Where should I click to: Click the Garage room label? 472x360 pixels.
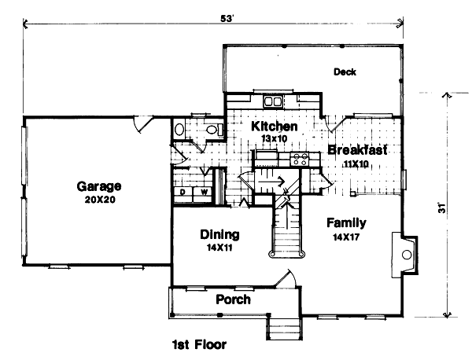[x=99, y=186]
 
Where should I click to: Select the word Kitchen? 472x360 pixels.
[x=274, y=127]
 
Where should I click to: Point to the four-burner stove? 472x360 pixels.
[x=300, y=159]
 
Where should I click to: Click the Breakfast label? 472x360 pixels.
[x=357, y=150]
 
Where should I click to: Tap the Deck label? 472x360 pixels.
[x=345, y=72]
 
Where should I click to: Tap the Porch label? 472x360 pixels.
[x=233, y=299]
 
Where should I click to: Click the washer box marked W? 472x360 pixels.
[x=203, y=191]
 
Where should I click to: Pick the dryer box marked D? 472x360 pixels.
[x=183, y=191]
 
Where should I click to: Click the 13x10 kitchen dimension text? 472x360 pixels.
[x=273, y=138]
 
